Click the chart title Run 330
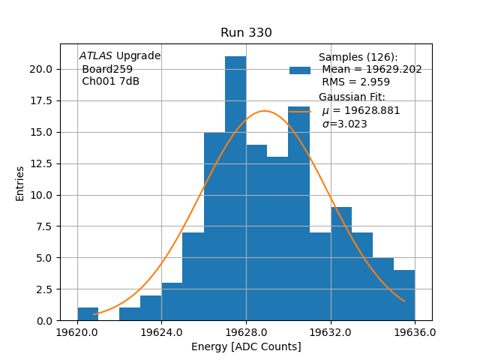tap(246, 33)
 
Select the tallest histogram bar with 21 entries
tap(235, 187)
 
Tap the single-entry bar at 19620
tap(88, 314)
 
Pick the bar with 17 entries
tap(298, 214)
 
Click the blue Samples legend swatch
tap(300, 70)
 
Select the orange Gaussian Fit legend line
tap(300, 111)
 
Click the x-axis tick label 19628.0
tap(247, 333)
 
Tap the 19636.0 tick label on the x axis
tap(415, 333)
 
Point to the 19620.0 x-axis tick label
tap(78, 333)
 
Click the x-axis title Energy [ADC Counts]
tap(246, 346)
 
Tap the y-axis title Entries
tap(20, 183)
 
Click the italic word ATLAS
tap(96, 56)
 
